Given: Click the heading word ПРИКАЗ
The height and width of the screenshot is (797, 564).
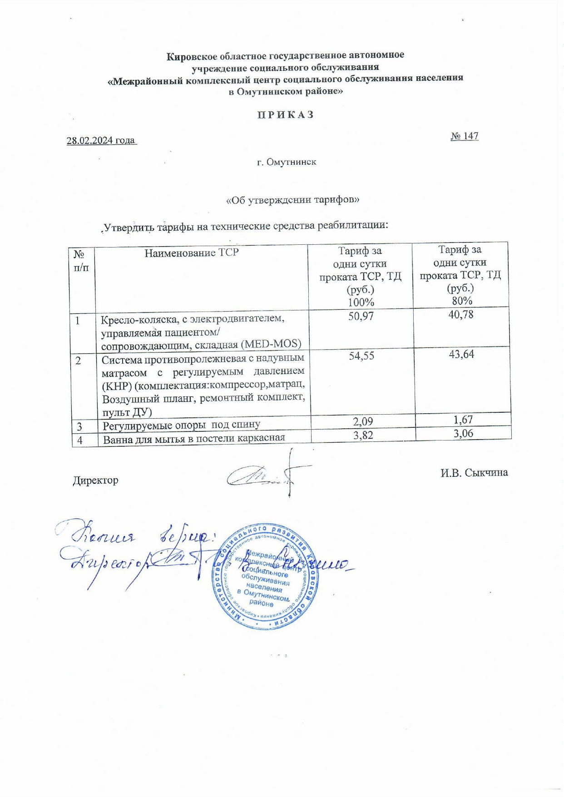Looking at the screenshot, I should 286,114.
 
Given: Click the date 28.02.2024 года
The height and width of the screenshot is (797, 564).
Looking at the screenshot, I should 101,140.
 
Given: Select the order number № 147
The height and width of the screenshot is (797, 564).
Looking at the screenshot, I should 464,136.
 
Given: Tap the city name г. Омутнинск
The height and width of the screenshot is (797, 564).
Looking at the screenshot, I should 287,162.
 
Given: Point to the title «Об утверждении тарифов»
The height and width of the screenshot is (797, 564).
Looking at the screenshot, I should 293,200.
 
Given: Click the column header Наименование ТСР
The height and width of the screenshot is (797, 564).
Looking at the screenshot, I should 191,253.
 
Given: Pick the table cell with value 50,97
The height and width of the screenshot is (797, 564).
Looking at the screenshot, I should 361,316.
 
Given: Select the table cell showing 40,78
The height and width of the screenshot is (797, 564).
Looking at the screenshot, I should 461,314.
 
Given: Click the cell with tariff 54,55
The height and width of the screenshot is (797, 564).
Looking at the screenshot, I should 361,356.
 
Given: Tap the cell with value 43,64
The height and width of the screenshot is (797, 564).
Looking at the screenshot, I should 461,354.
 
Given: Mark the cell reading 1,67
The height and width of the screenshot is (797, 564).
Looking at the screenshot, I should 463,420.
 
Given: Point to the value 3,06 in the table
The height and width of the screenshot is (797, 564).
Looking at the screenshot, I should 463,434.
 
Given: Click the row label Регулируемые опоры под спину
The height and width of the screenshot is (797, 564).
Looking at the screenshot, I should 181,426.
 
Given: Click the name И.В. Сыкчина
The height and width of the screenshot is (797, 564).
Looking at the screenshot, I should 474,472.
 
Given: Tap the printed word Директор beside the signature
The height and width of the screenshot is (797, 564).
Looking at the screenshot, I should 95,480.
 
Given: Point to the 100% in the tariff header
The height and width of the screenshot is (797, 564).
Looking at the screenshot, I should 361,302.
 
